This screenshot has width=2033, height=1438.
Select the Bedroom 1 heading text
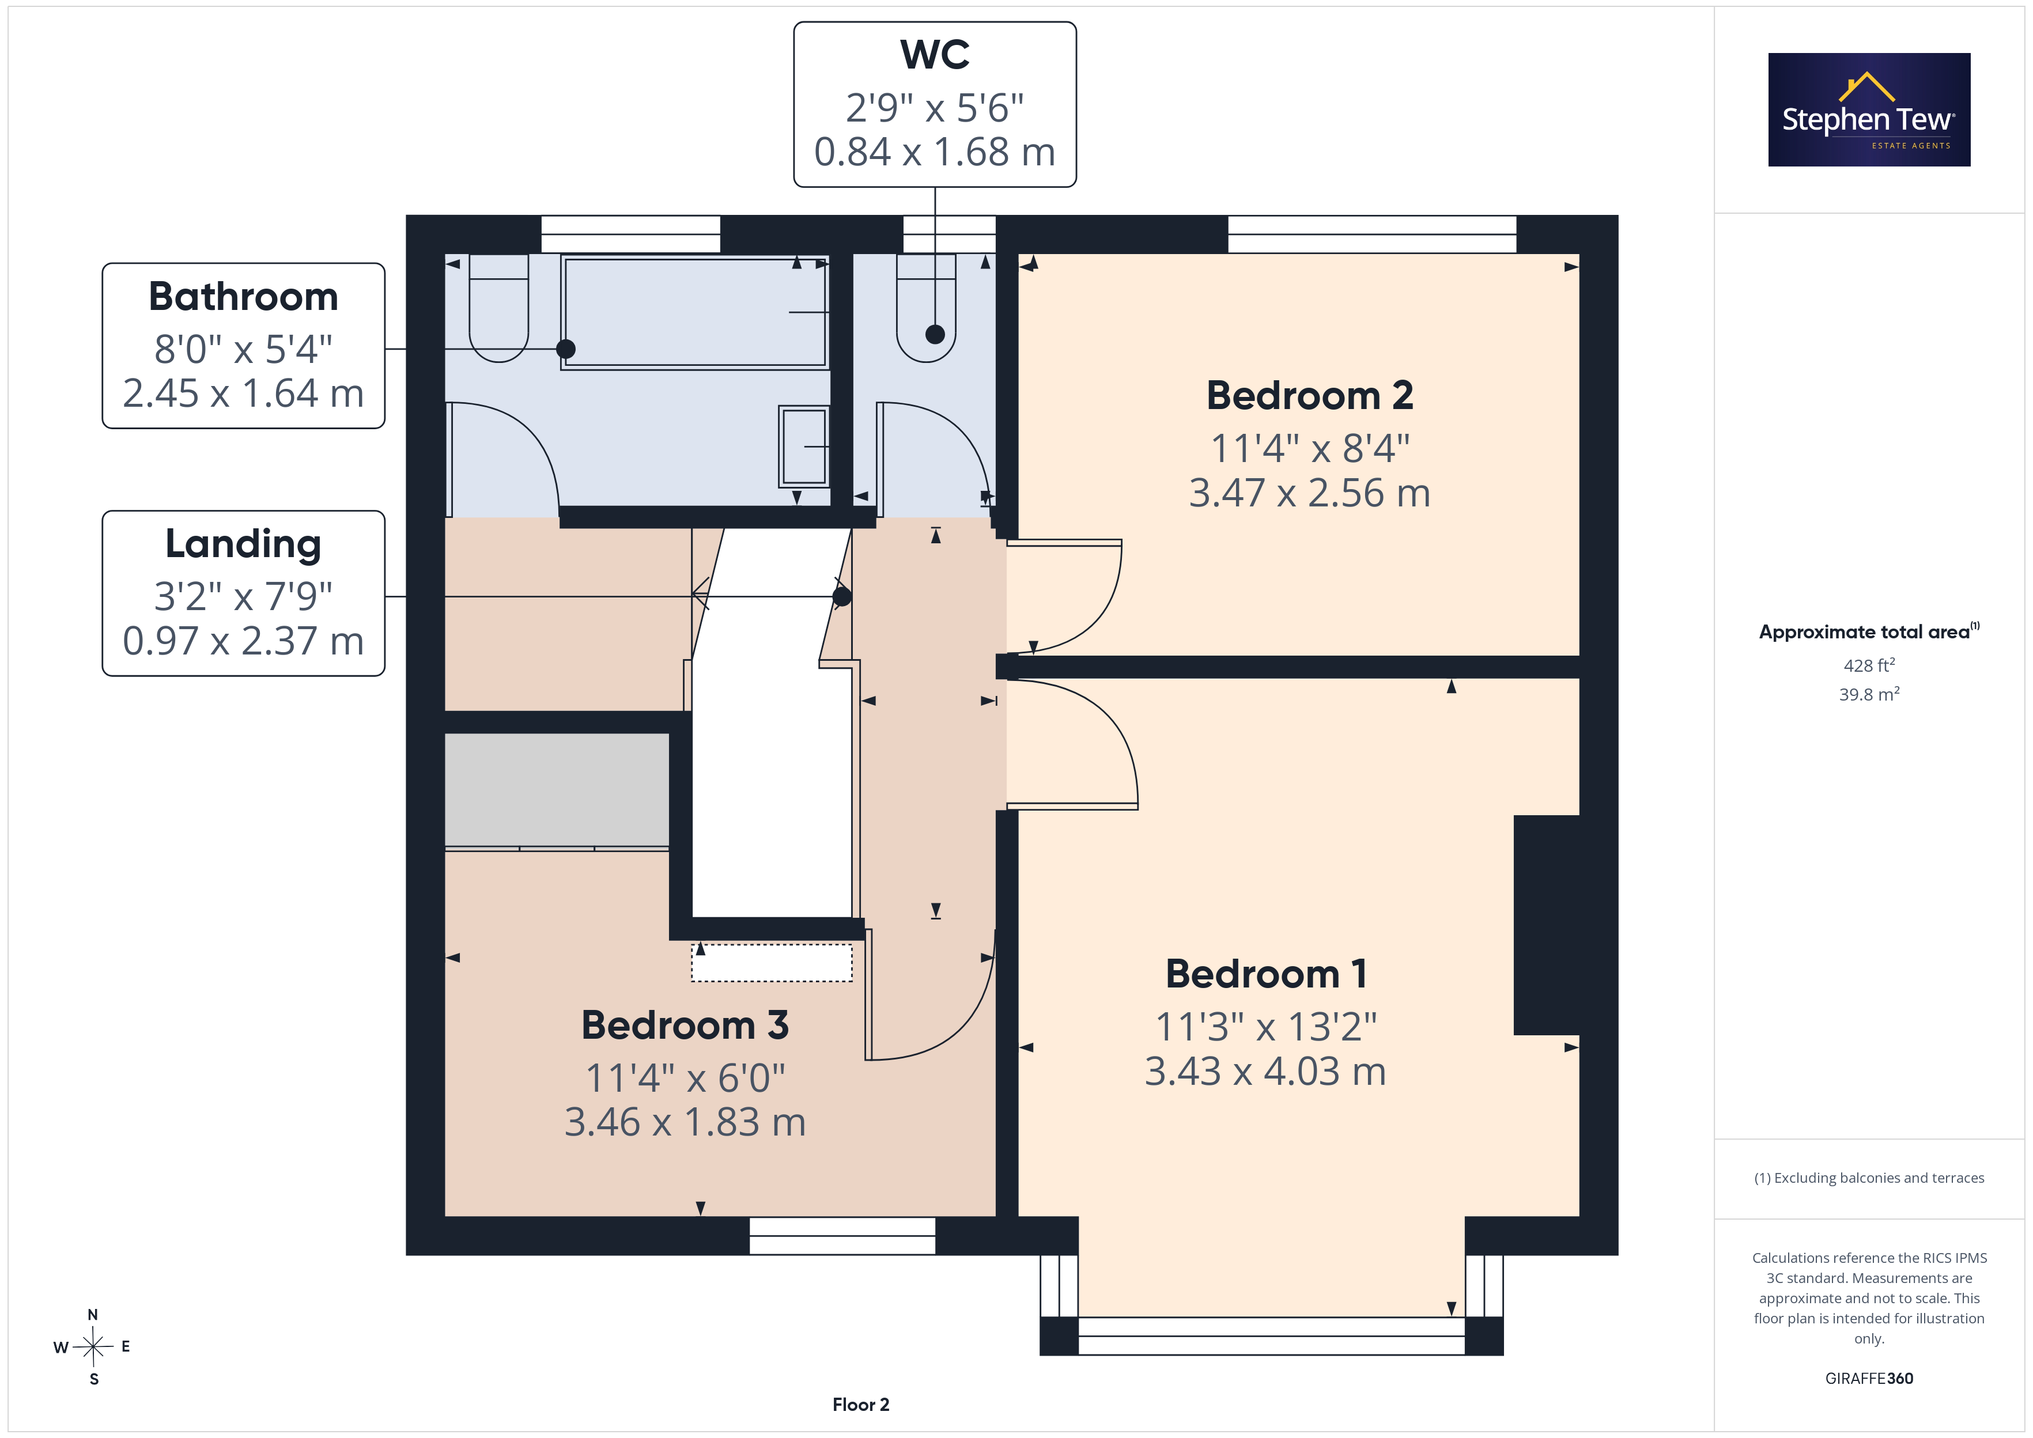click(x=1266, y=974)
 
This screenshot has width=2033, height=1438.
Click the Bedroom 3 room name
click(x=685, y=1025)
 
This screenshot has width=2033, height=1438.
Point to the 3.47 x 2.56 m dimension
click(x=1310, y=493)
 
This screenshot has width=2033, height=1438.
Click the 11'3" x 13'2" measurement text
click(x=1266, y=1027)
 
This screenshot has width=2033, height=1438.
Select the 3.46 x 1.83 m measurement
click(x=685, y=1123)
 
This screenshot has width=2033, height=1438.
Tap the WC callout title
click(x=935, y=55)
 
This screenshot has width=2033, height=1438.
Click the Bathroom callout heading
click(x=244, y=297)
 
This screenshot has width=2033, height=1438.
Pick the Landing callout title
click(x=244, y=544)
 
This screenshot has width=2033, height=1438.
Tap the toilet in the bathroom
click(x=498, y=308)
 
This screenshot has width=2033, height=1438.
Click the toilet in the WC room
click(x=926, y=308)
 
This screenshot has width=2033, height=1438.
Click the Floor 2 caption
click(x=861, y=1405)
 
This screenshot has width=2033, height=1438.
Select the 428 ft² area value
click(x=1869, y=665)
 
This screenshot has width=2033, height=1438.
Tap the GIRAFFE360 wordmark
click(x=1869, y=1379)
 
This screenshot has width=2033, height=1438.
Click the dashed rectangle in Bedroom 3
click(x=771, y=963)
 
